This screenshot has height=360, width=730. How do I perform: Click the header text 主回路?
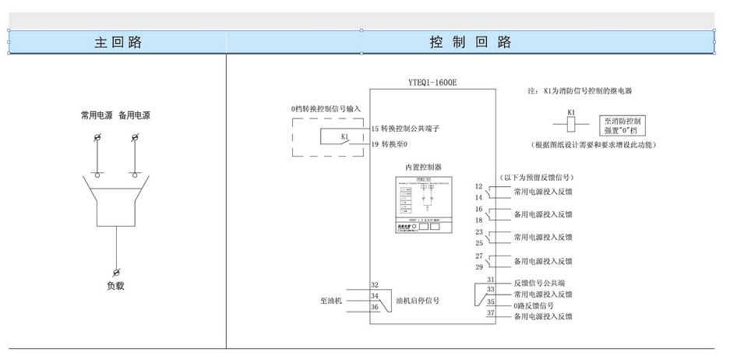pyautogui.click(x=118, y=42)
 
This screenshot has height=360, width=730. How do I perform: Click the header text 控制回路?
pyautogui.click(x=471, y=42)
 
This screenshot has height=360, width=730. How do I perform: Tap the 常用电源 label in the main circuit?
pyautogui.click(x=97, y=115)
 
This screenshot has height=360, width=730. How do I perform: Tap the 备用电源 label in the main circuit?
pyautogui.click(x=134, y=115)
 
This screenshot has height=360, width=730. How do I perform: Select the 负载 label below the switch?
pyautogui.click(x=116, y=286)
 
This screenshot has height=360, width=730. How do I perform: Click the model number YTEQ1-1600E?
pyautogui.click(x=432, y=82)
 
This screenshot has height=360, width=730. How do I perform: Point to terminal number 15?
pyautogui.click(x=375, y=129)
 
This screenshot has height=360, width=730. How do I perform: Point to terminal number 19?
pyautogui.click(x=375, y=144)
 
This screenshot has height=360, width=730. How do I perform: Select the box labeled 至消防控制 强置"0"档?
pyautogui.click(x=623, y=126)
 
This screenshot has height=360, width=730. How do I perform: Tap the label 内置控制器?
pyautogui.click(x=424, y=167)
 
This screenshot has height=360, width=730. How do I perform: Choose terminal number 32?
pyautogui.click(x=375, y=285)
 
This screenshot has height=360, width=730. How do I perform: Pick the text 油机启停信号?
pyautogui.click(x=418, y=300)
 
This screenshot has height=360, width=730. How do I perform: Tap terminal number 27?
pyautogui.click(x=480, y=256)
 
